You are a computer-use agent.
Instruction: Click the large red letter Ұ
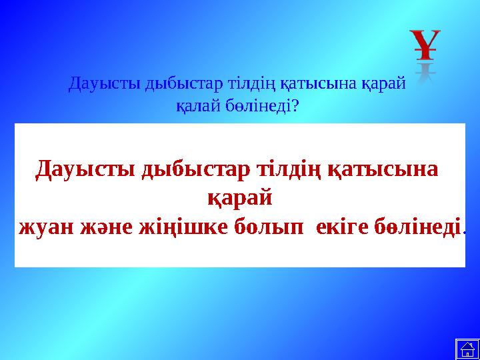[425, 43]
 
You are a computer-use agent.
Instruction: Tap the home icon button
[467, 349]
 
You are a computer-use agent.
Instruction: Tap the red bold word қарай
[240, 198]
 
